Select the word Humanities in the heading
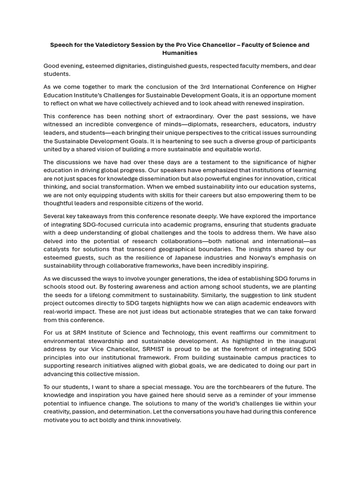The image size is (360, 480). pyautogui.click(x=180, y=53)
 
